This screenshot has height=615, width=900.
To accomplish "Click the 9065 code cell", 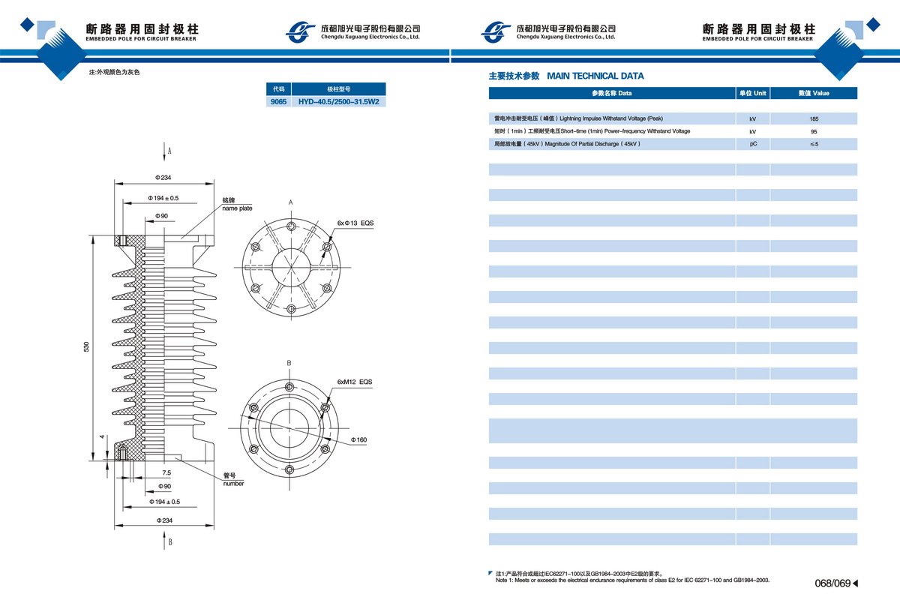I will tap(278, 101).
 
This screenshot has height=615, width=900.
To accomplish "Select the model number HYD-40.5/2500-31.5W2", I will tap(338, 101).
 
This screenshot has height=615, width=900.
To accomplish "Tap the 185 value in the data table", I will tap(814, 118).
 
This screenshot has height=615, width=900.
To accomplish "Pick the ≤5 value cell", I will tap(814, 144).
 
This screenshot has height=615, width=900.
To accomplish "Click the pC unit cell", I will tap(753, 144).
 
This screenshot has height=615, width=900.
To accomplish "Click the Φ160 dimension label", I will tap(358, 439).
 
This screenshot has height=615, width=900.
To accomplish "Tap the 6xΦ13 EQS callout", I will tap(355, 223).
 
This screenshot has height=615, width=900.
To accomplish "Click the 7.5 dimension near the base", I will tap(166, 473).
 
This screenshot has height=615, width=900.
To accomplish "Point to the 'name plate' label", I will tap(237, 208).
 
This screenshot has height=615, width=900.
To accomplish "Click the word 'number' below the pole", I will tap(233, 484).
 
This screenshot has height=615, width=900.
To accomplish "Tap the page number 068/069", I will tap(832, 583).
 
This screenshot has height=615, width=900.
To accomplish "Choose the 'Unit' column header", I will tap(753, 93).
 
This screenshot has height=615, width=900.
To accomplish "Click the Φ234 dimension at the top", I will tap(163, 178).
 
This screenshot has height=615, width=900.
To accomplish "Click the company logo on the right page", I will tap(496, 31).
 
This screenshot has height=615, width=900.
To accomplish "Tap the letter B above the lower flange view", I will tap(289, 363).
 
